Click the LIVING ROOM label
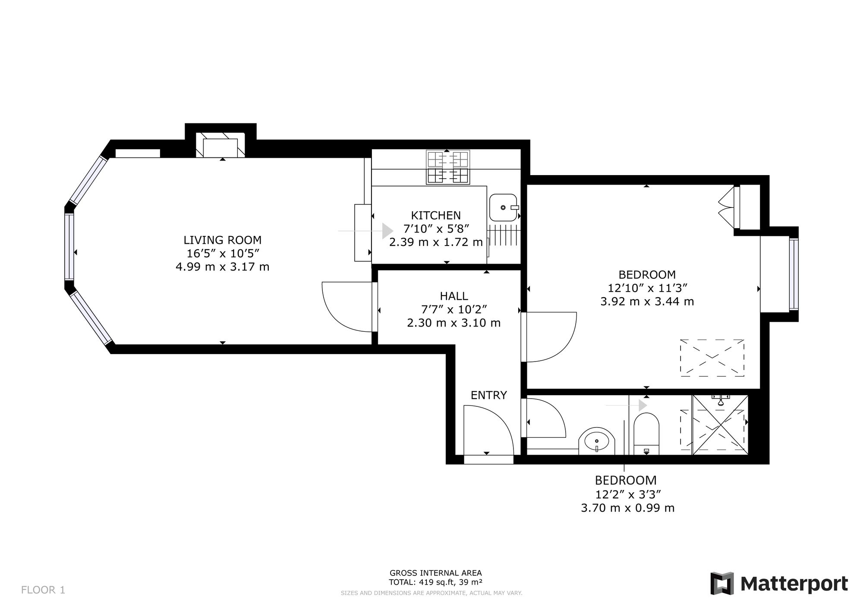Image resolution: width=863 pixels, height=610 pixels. tap(223, 240)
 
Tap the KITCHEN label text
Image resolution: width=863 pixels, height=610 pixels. tap(436, 215)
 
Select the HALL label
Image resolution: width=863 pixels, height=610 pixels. tap(454, 296)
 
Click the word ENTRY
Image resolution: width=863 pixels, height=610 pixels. tap(488, 395)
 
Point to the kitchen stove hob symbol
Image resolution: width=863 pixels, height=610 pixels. tap(448, 167)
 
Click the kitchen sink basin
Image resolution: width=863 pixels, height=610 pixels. tap(504, 208)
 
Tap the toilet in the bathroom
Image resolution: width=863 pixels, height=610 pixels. tap(646, 434)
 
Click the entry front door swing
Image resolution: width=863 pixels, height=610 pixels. tap(488, 430)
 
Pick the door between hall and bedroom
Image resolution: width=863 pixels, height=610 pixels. tap(548, 337)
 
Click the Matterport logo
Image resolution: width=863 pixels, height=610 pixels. tap(779, 584)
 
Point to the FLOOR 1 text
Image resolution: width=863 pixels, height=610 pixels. tap(43, 590)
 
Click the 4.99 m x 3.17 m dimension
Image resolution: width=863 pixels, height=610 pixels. tap(223, 267)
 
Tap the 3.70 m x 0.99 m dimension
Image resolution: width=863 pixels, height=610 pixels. tap(628, 508)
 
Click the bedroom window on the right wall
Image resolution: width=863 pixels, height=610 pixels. tap(794, 274)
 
